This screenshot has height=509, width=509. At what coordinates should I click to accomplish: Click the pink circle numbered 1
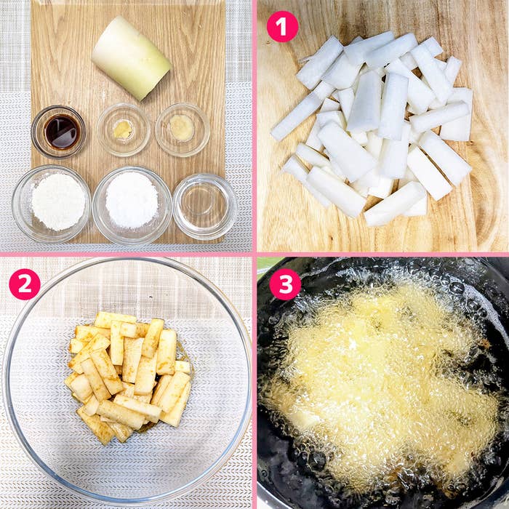(x=282, y=27)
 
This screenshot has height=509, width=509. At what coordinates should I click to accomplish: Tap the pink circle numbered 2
(x=25, y=284)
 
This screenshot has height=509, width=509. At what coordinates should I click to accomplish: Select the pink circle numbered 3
(x=285, y=284)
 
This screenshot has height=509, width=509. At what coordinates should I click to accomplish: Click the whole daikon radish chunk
(x=131, y=57)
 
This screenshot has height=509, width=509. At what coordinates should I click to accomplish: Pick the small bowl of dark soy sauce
(x=58, y=132)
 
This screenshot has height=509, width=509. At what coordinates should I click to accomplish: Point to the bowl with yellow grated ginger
(x=124, y=129)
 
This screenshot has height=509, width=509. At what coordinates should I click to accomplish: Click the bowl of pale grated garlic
(x=183, y=129)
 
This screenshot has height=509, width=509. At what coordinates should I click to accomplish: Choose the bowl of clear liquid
(x=205, y=207)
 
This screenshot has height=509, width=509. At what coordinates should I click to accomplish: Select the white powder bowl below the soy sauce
(x=52, y=204)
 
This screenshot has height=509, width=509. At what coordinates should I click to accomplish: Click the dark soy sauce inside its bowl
(x=62, y=132)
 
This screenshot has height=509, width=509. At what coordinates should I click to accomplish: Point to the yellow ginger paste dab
(x=123, y=129)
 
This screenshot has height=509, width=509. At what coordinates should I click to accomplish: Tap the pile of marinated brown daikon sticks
(x=128, y=377)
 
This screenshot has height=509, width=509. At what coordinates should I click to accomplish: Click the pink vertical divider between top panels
(x=254, y=126)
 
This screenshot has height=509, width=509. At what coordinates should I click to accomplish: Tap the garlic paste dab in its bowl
(x=182, y=128)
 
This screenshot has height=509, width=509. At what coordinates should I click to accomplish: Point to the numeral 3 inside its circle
(x=285, y=284)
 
